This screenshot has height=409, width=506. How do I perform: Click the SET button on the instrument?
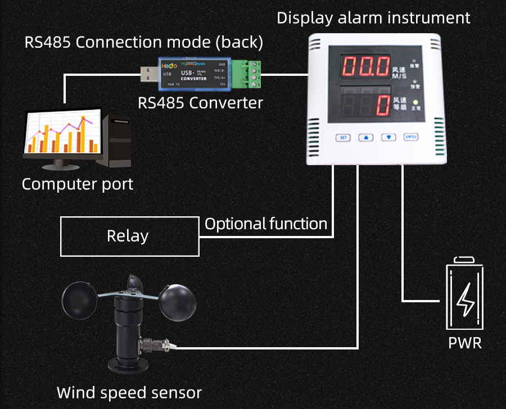343,137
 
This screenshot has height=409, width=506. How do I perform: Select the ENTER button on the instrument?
411,137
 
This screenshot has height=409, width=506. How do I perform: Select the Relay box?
129,237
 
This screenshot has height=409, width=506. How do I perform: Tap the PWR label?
465,343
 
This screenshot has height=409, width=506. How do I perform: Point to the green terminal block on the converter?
252,74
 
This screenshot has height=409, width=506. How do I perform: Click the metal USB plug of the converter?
149,73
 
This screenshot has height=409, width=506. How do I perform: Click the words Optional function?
266,224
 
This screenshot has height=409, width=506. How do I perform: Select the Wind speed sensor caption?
129,392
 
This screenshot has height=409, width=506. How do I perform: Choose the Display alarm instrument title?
373,17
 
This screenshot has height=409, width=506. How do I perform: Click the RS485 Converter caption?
201,103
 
